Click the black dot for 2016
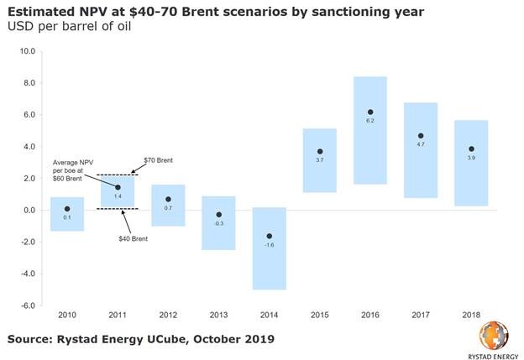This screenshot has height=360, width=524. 369,112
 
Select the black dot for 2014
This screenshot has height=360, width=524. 269,236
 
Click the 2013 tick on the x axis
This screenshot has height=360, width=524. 218,316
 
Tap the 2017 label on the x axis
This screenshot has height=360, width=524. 421,316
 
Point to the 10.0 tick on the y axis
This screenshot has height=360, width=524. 27,51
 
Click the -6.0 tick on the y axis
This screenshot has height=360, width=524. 27,305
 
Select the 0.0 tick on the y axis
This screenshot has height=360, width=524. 27,210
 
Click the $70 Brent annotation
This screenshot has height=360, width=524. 159,159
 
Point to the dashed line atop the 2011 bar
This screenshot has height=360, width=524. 118,175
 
